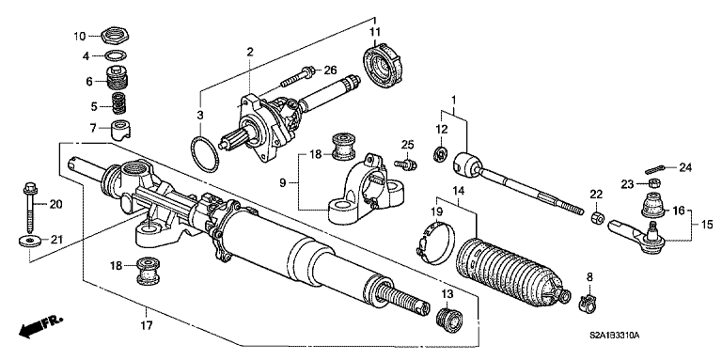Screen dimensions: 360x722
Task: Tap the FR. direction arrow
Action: pos(38,327)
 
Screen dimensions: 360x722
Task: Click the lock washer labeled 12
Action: pos(439,153)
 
